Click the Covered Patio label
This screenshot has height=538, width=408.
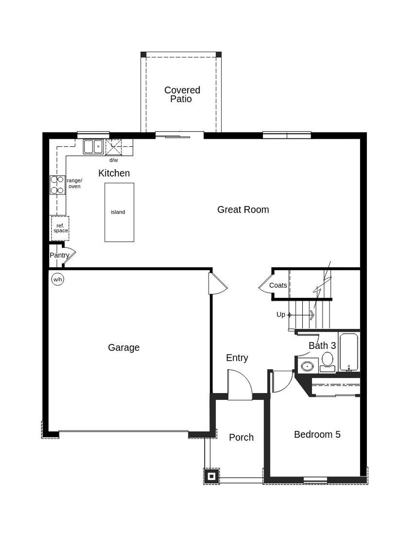point(182,94)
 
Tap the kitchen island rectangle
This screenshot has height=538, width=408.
point(119,212)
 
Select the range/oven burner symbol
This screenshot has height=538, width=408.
point(57,185)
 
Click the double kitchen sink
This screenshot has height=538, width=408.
point(93,147)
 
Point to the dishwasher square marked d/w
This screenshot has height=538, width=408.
point(113,147)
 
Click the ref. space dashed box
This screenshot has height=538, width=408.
point(60,228)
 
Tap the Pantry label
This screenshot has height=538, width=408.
point(59,255)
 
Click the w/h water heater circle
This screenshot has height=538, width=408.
point(57,280)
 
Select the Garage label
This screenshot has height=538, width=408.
point(124,347)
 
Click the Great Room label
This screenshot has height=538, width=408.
point(243,210)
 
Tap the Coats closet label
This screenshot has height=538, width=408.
point(278,286)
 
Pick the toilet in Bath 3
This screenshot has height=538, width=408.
point(327,362)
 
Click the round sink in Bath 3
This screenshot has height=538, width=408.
point(307,366)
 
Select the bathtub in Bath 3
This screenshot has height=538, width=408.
point(349,352)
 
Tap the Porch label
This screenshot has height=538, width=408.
point(241,438)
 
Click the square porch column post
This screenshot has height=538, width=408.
point(211,476)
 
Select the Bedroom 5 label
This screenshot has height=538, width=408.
point(317,435)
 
